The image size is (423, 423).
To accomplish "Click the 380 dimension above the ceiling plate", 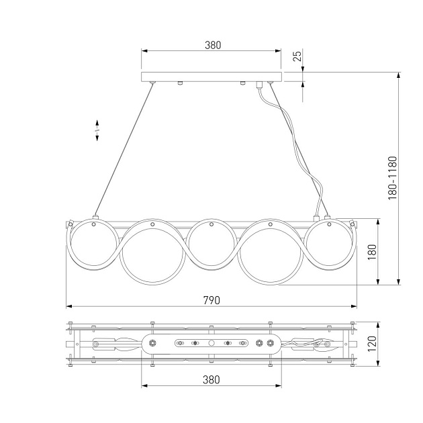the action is [x=213, y=45].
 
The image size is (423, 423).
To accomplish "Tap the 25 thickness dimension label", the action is [x=297, y=56].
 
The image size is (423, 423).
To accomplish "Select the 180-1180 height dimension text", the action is [x=393, y=178].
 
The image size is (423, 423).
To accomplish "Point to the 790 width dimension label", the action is [x=211, y=300].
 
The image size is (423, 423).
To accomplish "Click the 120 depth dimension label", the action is [x=372, y=344].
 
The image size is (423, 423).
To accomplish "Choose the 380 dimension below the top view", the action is [x=211, y=379].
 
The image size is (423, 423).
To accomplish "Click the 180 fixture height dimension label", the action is [x=372, y=252].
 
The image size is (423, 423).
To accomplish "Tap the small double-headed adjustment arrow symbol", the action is [x=97, y=130].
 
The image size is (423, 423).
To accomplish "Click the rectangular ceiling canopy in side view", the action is [x=211, y=77].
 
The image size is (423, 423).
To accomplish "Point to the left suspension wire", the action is [x=124, y=150].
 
